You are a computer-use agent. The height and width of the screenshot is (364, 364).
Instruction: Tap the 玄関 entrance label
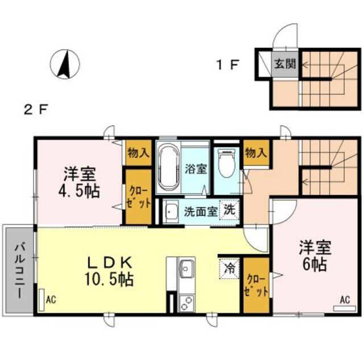pos(286,63)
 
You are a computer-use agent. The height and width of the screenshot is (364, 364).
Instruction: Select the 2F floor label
pos(35,109)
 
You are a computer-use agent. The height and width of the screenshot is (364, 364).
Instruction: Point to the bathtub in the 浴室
pos(168,167)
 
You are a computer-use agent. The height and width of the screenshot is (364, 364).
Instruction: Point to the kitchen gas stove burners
pos(187,303)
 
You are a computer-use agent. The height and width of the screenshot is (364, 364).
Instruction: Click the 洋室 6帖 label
pos(313,257)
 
